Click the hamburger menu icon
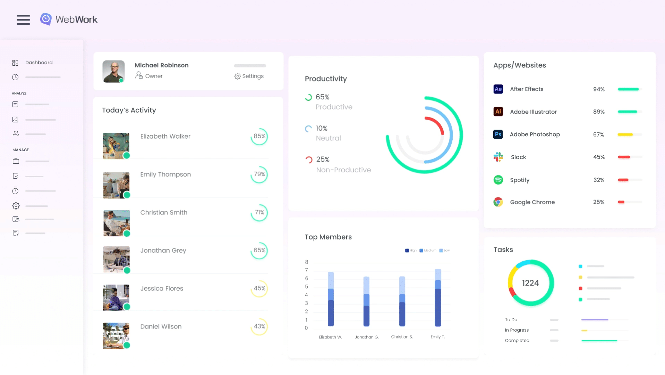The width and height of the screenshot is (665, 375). point(23,20)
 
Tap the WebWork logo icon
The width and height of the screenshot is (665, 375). point(46,19)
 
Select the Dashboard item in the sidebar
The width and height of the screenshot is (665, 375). point(39,63)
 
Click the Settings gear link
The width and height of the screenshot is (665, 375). point(249,76)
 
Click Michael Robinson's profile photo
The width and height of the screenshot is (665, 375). point(113,71)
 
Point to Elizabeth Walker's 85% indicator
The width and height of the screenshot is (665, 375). point(259,136)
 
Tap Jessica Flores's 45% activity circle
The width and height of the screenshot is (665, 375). point(259,288)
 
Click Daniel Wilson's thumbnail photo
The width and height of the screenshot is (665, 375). point(116,335)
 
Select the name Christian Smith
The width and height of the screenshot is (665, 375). point(164,212)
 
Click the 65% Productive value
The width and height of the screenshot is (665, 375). point(322,97)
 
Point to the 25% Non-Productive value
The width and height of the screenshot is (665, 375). point(323,159)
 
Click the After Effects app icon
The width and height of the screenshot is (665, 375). point(498,89)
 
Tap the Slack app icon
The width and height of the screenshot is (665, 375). point(498,157)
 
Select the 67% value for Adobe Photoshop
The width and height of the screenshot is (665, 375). point(598,134)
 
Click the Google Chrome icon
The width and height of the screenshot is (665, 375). point(498,202)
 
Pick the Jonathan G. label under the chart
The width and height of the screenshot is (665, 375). point(367,337)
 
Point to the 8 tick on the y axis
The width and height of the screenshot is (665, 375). point(306,262)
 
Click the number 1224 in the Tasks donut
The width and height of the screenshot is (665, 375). point(530,283)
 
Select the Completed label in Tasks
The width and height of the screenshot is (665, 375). point(517,341)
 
